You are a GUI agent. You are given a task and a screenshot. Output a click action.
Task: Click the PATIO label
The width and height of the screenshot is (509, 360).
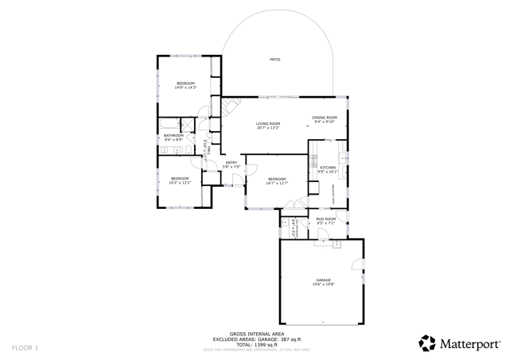274,60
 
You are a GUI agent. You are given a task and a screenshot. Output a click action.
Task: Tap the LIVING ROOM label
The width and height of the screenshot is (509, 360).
268,124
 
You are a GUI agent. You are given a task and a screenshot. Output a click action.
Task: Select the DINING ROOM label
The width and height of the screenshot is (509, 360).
324,118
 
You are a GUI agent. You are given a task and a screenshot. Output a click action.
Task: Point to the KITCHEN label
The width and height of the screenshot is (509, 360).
328,168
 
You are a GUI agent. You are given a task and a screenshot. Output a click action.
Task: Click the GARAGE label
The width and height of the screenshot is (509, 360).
323,281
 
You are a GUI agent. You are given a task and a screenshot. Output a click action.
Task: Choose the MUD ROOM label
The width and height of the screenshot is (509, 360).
326,219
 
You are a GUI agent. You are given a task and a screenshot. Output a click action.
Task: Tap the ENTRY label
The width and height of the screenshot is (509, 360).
231,163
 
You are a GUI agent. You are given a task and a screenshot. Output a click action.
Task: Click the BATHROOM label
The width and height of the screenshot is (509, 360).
174,136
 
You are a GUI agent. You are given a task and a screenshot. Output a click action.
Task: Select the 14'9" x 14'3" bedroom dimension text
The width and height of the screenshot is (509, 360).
185,87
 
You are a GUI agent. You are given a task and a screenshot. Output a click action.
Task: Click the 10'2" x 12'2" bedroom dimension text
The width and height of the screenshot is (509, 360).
180,183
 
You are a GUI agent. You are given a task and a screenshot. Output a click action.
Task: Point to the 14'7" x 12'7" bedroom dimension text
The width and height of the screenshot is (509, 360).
276,184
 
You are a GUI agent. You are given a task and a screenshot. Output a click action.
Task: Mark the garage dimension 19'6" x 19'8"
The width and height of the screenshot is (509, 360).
323,285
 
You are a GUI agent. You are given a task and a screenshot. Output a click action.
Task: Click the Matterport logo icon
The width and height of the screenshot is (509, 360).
427,343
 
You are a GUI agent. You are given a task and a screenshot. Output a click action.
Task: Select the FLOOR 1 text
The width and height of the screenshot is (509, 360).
25,348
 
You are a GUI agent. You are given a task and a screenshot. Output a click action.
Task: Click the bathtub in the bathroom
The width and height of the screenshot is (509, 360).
169,125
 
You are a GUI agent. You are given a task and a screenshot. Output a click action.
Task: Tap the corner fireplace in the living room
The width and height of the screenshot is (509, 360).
227,106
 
